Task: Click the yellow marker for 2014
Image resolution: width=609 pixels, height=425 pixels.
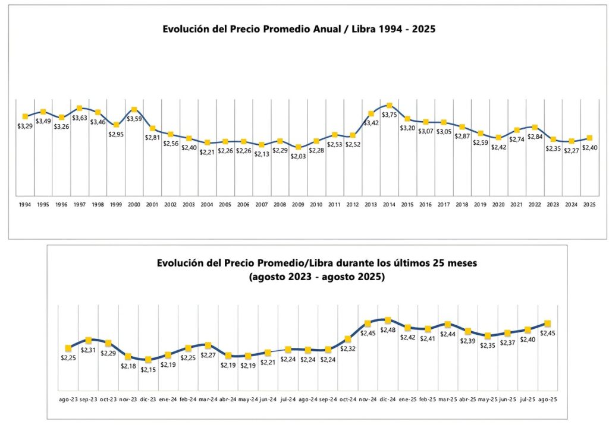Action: [390, 106]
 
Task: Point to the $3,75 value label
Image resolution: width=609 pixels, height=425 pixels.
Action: [390, 115]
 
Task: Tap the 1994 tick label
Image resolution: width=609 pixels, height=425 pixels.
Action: [25, 204]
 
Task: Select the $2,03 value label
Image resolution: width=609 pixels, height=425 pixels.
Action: [299, 156]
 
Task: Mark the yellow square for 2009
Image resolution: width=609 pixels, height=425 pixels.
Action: [299, 147]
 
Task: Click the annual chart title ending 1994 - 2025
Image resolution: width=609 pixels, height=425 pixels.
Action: [300, 28]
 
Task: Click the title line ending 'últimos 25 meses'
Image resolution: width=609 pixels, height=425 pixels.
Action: [300, 264]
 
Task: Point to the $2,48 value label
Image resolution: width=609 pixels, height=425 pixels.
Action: [388, 330]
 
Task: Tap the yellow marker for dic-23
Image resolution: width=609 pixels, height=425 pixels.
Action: [148, 360]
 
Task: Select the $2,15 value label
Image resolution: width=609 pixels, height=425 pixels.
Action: [148, 369]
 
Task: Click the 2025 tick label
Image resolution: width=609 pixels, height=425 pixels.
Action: [589, 204]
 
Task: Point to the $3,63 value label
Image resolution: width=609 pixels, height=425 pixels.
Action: [80, 118]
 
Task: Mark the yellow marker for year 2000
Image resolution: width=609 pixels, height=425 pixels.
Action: [134, 109]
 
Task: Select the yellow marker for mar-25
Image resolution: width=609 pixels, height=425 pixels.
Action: [448, 325]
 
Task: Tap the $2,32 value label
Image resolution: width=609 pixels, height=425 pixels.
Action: [348, 348]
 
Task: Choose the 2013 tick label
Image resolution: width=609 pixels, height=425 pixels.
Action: [371, 204]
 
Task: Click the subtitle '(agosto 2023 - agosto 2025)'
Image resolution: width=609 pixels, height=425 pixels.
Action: [300, 277]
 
